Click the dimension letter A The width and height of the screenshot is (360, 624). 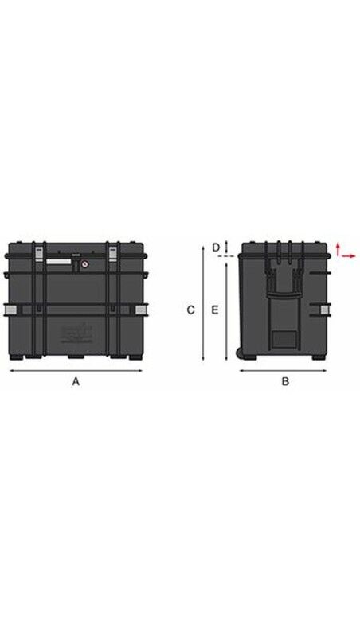pyautogui.click(x=76, y=381)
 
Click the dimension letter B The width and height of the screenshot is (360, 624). pyautogui.click(x=285, y=381)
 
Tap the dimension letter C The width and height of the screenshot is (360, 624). pyautogui.click(x=191, y=310)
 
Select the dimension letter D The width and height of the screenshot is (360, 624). pyautogui.click(x=215, y=248)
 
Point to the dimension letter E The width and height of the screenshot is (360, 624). pyautogui.click(x=215, y=310)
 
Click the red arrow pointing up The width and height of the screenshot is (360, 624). pyautogui.click(x=338, y=249)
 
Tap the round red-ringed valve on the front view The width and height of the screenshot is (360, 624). pyautogui.click(x=84, y=264)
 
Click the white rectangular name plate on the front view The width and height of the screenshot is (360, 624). pyautogui.click(x=58, y=261)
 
